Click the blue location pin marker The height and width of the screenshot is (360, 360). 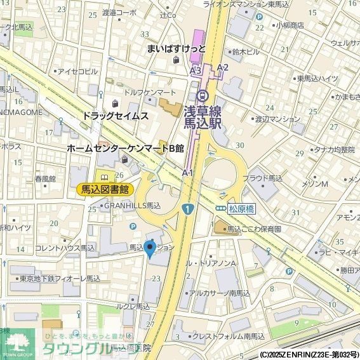coord(150,248)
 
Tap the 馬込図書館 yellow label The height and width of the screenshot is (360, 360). coord(104,189)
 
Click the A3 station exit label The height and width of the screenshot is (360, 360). coord(196,70)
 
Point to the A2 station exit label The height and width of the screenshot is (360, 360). coord(222,67)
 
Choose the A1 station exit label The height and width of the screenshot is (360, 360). coord(187,173)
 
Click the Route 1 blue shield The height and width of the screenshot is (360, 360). coord(188,209)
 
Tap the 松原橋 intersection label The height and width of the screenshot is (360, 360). coord(242,208)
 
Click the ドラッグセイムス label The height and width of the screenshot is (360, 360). coord(115,116)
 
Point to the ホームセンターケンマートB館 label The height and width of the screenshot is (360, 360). coord(125,149)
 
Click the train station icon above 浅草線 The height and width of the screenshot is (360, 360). coord(203,95)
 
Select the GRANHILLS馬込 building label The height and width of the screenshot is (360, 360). coord(132,206)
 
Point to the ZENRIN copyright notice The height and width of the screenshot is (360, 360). coord(309,354)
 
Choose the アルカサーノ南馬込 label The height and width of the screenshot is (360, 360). coord(224,293)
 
